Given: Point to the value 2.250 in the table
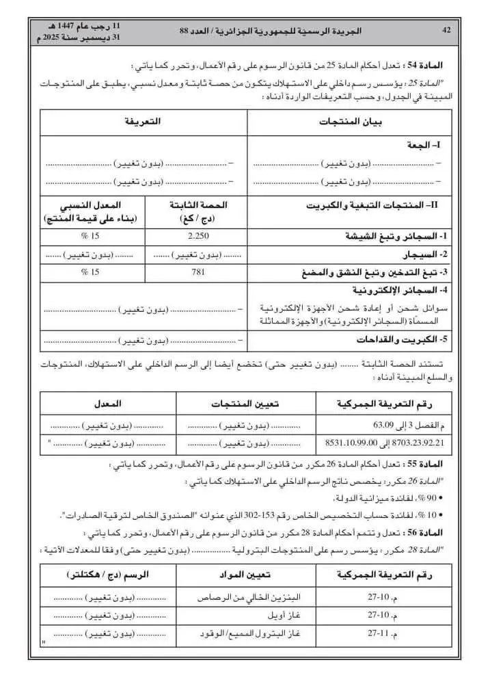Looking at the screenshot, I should pyautogui.click(x=197, y=236).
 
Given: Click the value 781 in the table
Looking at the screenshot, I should pyautogui.click(x=197, y=272).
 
